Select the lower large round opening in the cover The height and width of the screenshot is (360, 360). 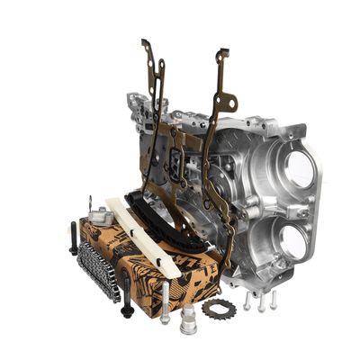(292, 239)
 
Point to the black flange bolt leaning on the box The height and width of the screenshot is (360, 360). (127, 298)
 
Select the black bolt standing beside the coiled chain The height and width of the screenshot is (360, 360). (74, 238)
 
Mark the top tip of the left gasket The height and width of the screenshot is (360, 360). (144, 42)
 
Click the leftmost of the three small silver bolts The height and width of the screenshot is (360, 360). (247, 302)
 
